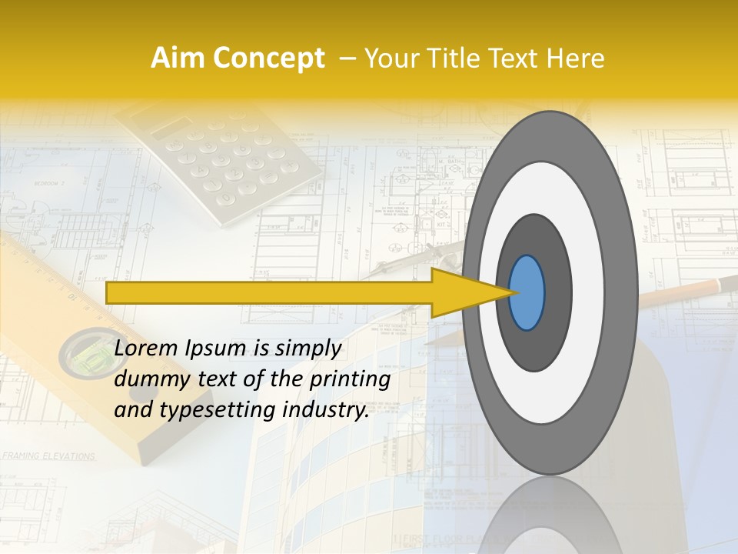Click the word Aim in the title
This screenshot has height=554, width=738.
[x=178, y=58]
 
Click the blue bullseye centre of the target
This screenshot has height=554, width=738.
[x=527, y=292]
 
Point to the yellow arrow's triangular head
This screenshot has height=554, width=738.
[x=469, y=292]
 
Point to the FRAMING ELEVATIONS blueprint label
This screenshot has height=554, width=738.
[x=48, y=456]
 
